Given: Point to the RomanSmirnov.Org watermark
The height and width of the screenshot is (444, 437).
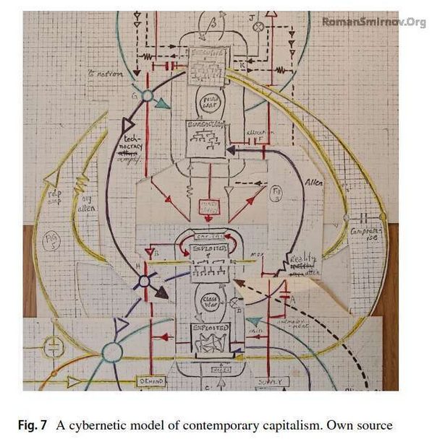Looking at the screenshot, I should point(373,22).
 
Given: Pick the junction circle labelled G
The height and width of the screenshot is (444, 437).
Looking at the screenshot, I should point(148,96).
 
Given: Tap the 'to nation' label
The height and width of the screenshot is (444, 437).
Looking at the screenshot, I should point(103,74).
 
